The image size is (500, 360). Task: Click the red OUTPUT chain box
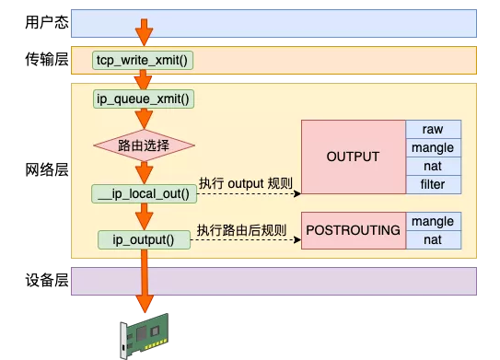point(353,157)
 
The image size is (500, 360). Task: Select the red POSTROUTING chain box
point(353,231)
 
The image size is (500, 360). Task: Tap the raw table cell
point(433,129)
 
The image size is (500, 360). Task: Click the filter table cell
point(433,184)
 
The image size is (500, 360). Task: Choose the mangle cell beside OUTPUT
point(433,147)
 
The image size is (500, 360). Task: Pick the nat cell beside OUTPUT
point(433,166)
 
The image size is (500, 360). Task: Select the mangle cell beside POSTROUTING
point(433,222)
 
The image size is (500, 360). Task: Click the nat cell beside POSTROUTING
point(433,240)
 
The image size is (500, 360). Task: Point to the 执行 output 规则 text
point(245,183)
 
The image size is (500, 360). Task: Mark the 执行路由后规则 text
point(241,229)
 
